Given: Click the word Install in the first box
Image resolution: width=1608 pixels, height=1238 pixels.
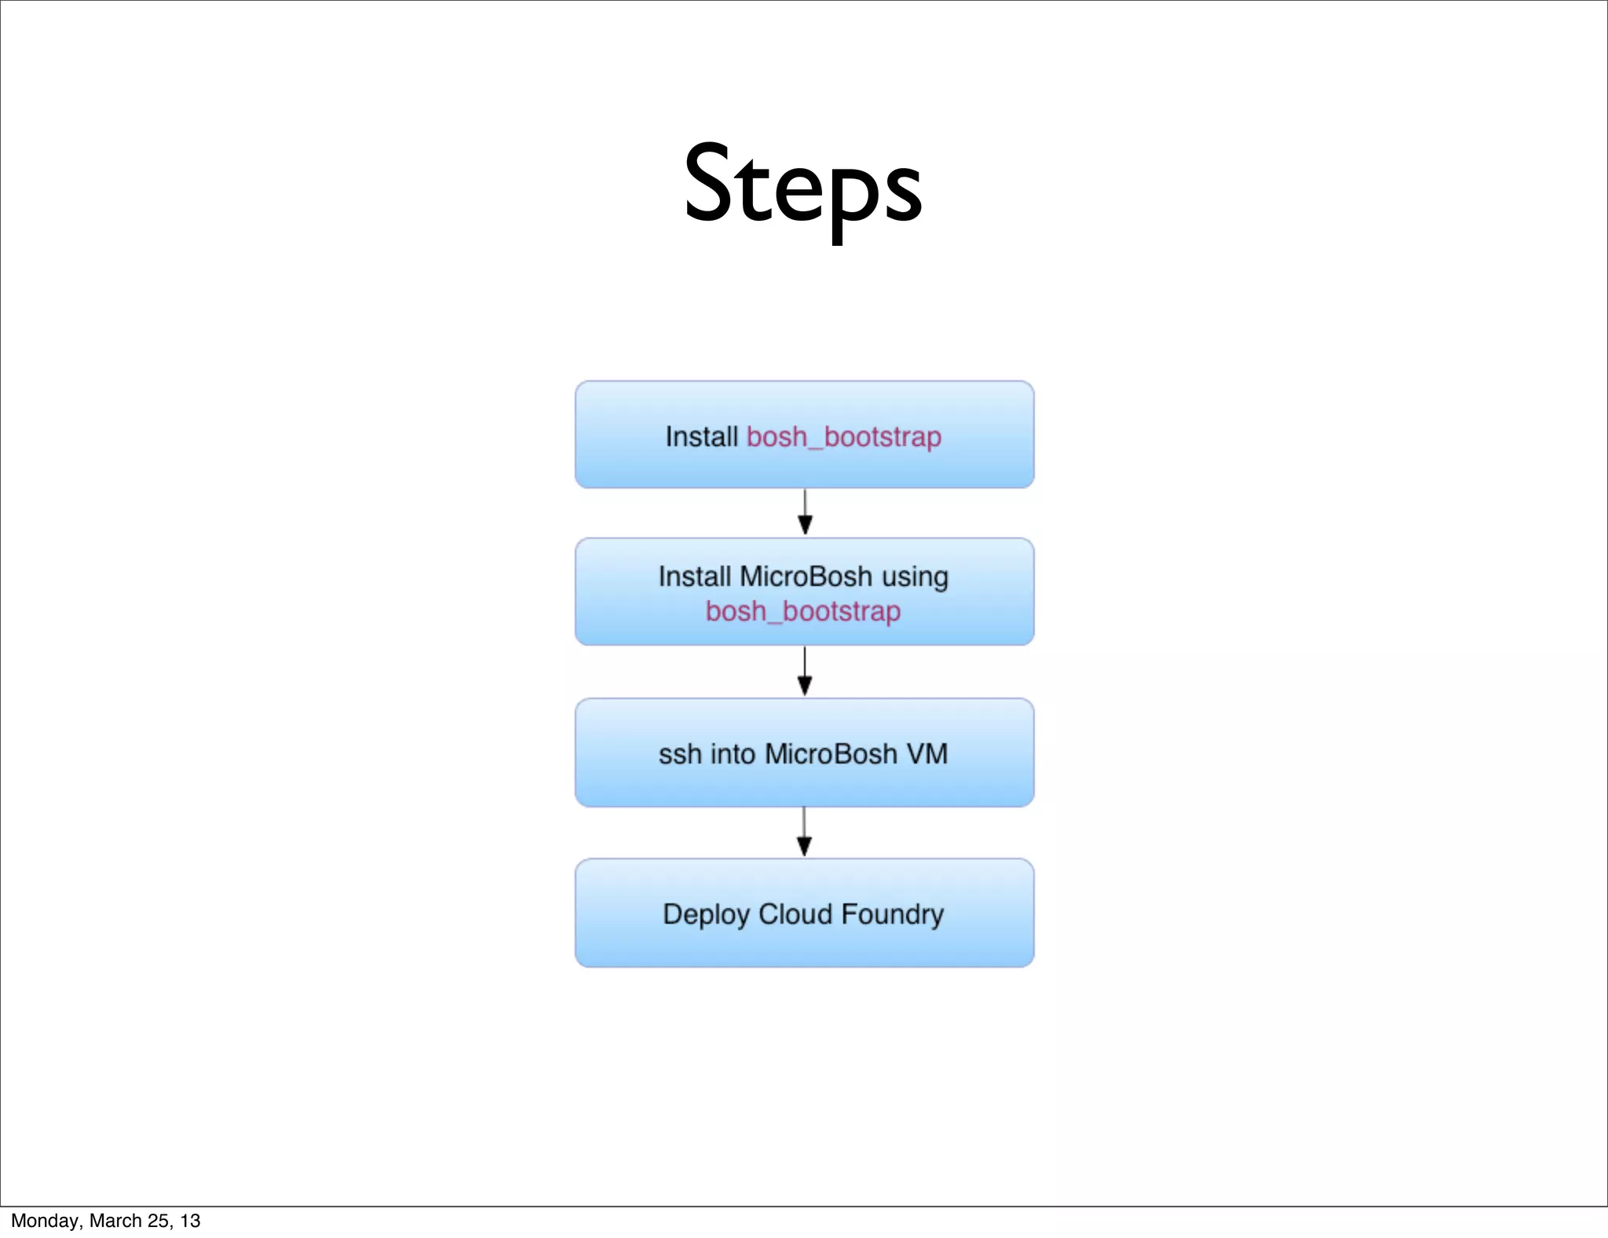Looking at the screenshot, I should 701,437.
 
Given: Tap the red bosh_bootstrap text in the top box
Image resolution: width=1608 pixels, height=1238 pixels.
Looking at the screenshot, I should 843,437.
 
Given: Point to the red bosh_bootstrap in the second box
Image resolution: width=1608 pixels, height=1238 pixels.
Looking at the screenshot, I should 802,611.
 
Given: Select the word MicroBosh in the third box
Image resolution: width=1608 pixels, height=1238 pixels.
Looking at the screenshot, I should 831,754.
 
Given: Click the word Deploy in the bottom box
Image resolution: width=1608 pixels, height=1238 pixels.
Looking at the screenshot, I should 705,915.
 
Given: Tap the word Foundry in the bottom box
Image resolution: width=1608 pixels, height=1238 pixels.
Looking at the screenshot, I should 892,915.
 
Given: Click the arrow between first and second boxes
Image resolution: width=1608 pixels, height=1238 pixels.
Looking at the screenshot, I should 805,513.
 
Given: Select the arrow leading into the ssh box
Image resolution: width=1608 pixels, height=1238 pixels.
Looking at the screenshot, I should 805,672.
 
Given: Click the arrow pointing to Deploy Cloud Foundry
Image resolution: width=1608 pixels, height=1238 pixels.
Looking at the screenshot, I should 804,833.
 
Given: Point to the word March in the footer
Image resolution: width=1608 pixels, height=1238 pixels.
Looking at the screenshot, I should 115,1221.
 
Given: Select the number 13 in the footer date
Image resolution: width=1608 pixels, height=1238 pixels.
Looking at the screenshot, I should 190,1221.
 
